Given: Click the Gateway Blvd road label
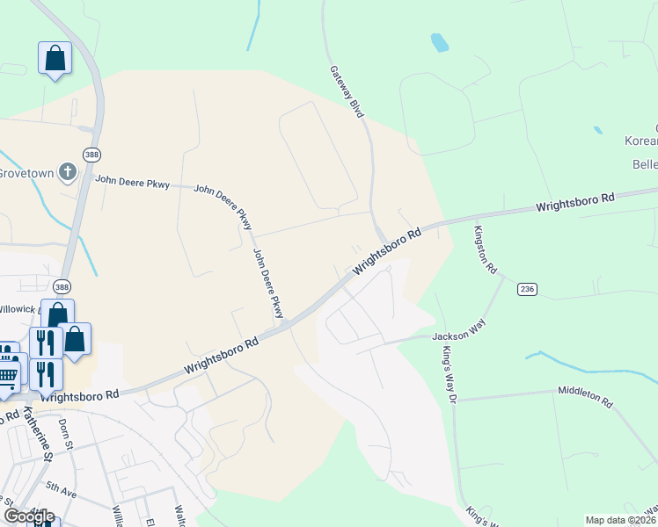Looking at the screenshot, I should pos(347,91).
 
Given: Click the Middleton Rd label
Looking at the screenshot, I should pos(584,396).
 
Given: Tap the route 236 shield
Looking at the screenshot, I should pos(527,289).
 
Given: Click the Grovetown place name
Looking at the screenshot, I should pos(26,172).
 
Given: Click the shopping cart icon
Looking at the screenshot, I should pos(8,376).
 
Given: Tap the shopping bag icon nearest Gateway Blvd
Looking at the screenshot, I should pos(55,59).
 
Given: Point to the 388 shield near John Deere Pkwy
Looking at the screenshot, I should pos(91,154).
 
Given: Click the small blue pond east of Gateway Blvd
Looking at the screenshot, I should pos(438,41).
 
